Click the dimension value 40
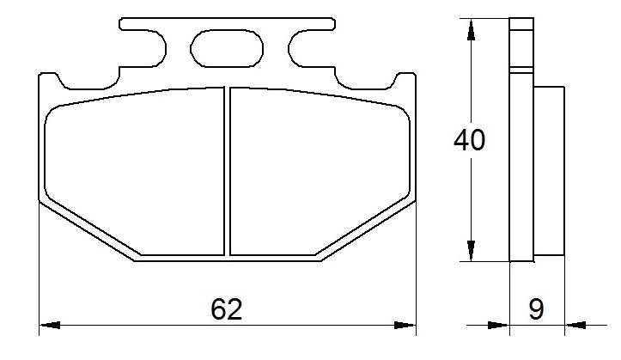tap(470, 140)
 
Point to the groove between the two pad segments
tap(228, 172)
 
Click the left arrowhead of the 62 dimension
tap(51, 325)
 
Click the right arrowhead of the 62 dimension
tap(405, 325)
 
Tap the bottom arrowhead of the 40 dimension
tap(470, 250)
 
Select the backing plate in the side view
tap(521, 172)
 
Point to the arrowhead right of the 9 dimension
tap(574, 325)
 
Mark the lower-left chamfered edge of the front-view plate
tap(90, 229)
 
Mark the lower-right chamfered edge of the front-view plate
tap(365, 229)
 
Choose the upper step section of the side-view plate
tap(521, 43)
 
